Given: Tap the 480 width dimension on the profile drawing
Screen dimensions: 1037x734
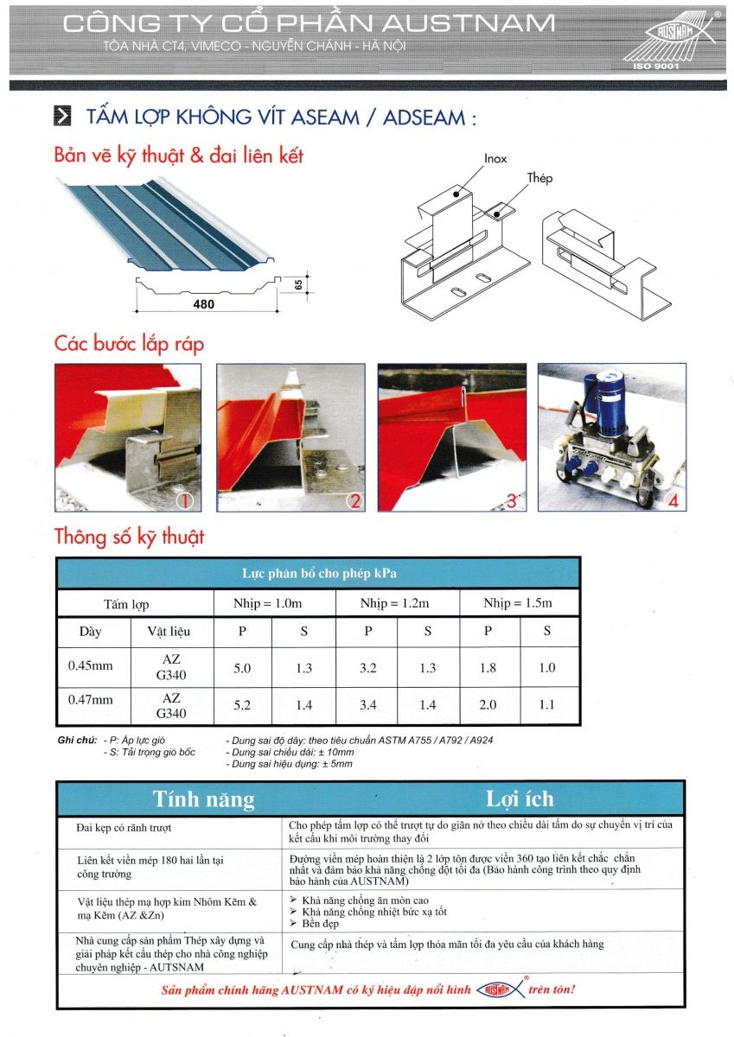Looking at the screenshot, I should (205, 304).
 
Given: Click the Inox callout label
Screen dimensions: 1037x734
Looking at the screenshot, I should (495, 159).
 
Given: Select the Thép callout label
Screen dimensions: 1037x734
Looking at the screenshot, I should (539, 179).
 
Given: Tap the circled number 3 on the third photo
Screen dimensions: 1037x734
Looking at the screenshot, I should (510, 500).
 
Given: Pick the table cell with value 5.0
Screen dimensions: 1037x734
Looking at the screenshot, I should (242, 668).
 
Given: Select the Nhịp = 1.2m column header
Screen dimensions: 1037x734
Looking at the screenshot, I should (396, 603).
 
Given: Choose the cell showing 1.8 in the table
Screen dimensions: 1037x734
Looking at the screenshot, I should (488, 668).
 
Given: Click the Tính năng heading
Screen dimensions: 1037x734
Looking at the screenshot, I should (204, 798).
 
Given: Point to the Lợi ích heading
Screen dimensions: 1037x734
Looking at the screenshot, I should (520, 798).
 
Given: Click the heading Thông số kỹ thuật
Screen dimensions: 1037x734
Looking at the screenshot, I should (129, 536).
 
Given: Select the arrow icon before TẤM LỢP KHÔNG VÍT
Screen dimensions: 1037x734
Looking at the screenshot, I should (62, 118).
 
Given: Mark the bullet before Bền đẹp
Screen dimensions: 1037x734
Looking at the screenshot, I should (295, 924).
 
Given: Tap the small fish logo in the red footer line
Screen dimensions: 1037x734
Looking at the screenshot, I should (499, 989).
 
